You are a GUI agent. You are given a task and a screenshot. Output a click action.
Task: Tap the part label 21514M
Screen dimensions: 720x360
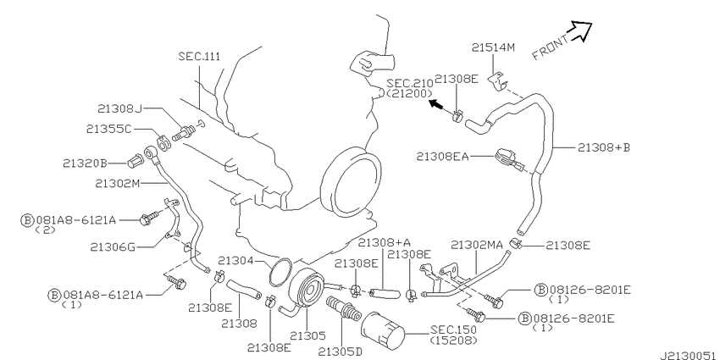(494, 47)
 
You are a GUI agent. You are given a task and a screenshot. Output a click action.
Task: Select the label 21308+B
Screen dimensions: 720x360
(604, 147)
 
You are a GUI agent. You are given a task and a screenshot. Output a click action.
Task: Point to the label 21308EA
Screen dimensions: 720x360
(443, 157)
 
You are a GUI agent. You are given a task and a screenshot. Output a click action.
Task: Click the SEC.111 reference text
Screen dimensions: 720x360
(199, 57)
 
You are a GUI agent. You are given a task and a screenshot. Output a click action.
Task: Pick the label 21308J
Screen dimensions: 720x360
(119, 108)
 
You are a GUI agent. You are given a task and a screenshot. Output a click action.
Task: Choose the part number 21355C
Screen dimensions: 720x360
(108, 129)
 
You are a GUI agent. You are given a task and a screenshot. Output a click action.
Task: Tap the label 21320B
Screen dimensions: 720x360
(86, 163)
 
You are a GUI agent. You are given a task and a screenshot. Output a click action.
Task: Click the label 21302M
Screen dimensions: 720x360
(118, 183)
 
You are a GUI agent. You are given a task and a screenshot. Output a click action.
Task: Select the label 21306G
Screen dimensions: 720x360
(113, 247)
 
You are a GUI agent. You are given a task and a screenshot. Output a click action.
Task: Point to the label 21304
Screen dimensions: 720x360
(235, 261)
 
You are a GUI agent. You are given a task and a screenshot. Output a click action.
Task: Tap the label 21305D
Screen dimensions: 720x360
(341, 352)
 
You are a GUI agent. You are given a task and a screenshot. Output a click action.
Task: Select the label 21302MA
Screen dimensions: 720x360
(477, 245)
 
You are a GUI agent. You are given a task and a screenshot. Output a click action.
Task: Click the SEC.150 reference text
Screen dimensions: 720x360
(453, 330)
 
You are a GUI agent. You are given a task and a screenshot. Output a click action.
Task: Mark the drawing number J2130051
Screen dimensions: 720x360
(689, 356)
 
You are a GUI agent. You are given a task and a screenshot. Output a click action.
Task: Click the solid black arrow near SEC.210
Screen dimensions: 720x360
(437, 106)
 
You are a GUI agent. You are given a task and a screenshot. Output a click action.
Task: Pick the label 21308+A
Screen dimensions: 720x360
(385, 241)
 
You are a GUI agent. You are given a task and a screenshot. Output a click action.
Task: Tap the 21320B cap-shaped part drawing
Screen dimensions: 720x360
(135, 161)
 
